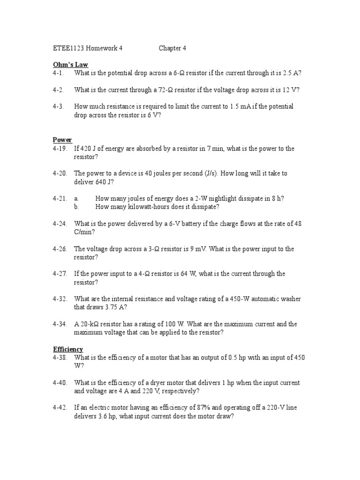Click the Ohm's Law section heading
pyautogui.click(x=70, y=65)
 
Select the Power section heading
pyautogui.click(x=62, y=140)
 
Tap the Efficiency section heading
pyautogui.click(x=68, y=349)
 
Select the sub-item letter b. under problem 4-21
pyautogui.click(x=76, y=207)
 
